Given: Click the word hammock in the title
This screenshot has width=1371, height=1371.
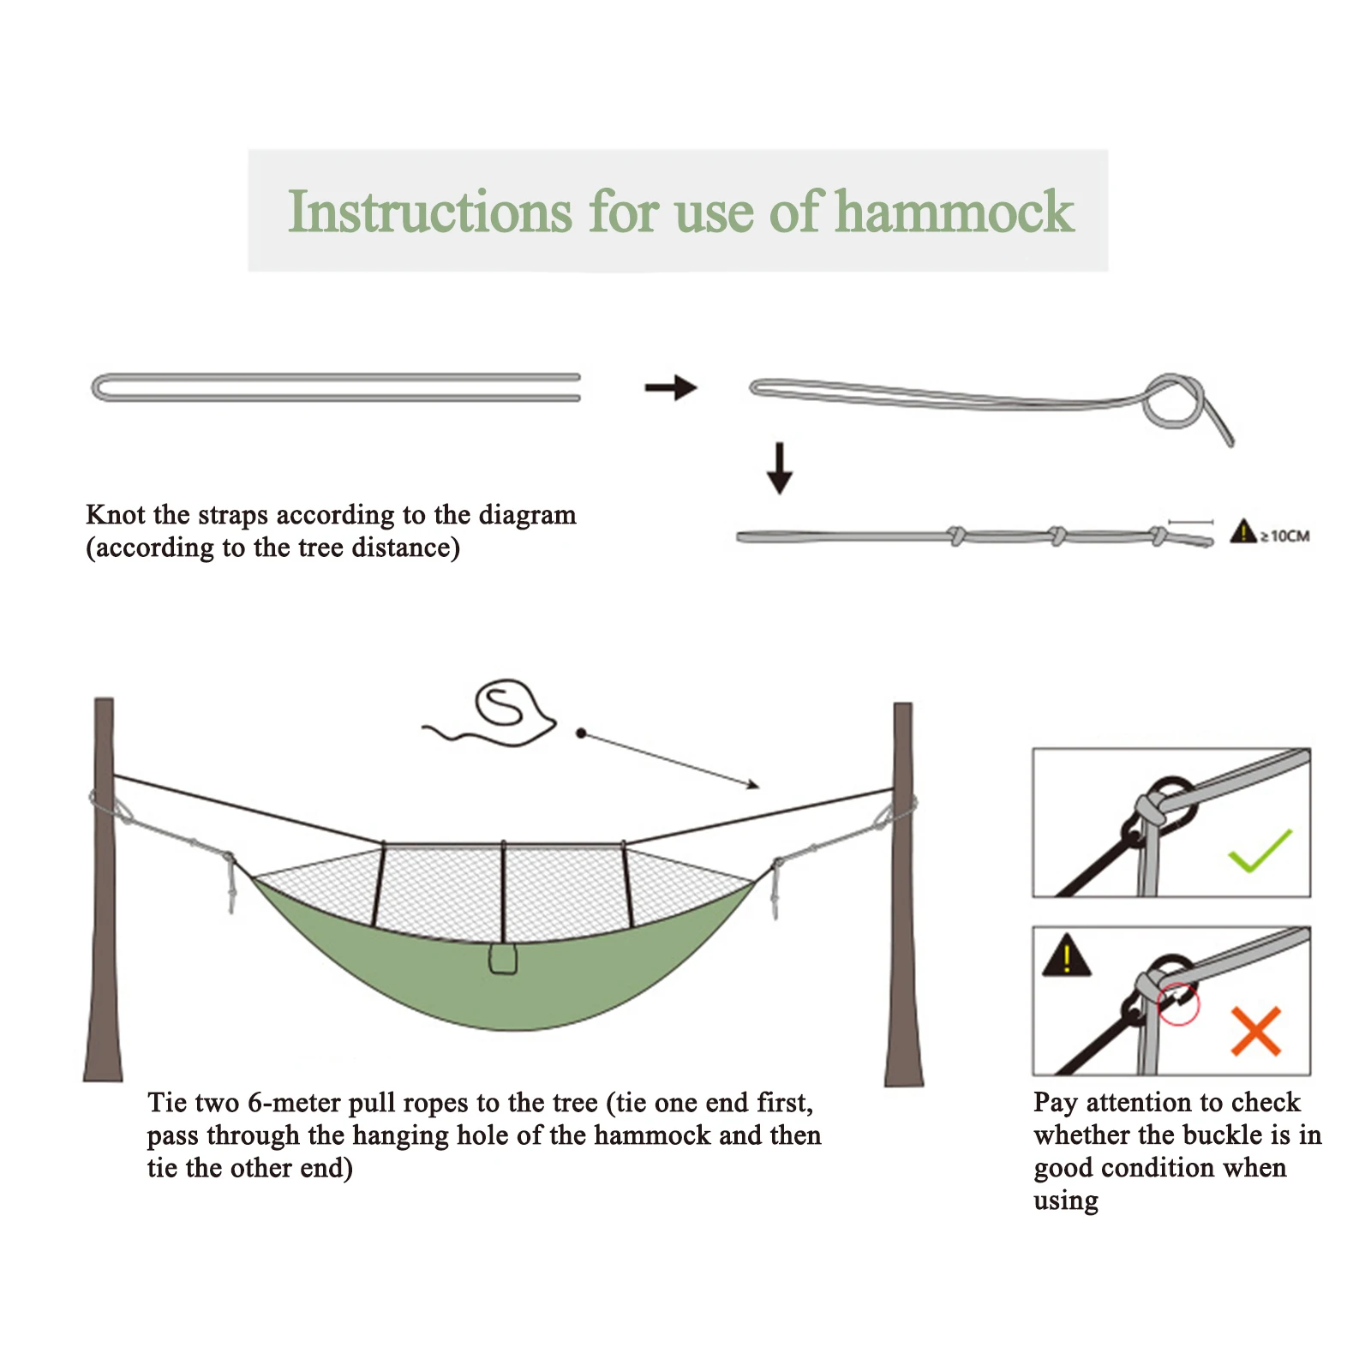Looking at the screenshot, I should point(954,212).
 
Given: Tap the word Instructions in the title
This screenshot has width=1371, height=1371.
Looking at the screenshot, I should point(429,212).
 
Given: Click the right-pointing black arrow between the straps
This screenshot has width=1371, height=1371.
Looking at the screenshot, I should point(671,388).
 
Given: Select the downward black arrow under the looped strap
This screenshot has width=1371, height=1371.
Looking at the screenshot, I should point(779,468).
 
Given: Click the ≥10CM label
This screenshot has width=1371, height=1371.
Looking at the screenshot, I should point(1284,536).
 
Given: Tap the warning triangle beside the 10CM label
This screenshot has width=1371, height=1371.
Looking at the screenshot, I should point(1242,532).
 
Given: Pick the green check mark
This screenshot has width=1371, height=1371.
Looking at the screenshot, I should point(1260,850).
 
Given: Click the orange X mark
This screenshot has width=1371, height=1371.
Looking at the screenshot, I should point(1255,1030).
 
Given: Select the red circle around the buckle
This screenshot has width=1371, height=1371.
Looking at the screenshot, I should point(1178,1003).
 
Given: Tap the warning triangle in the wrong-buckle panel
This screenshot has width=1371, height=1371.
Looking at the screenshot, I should point(1066,956).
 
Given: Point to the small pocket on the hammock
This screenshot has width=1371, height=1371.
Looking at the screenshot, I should point(503,959).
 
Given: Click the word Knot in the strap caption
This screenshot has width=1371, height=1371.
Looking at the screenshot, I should point(116,515).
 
